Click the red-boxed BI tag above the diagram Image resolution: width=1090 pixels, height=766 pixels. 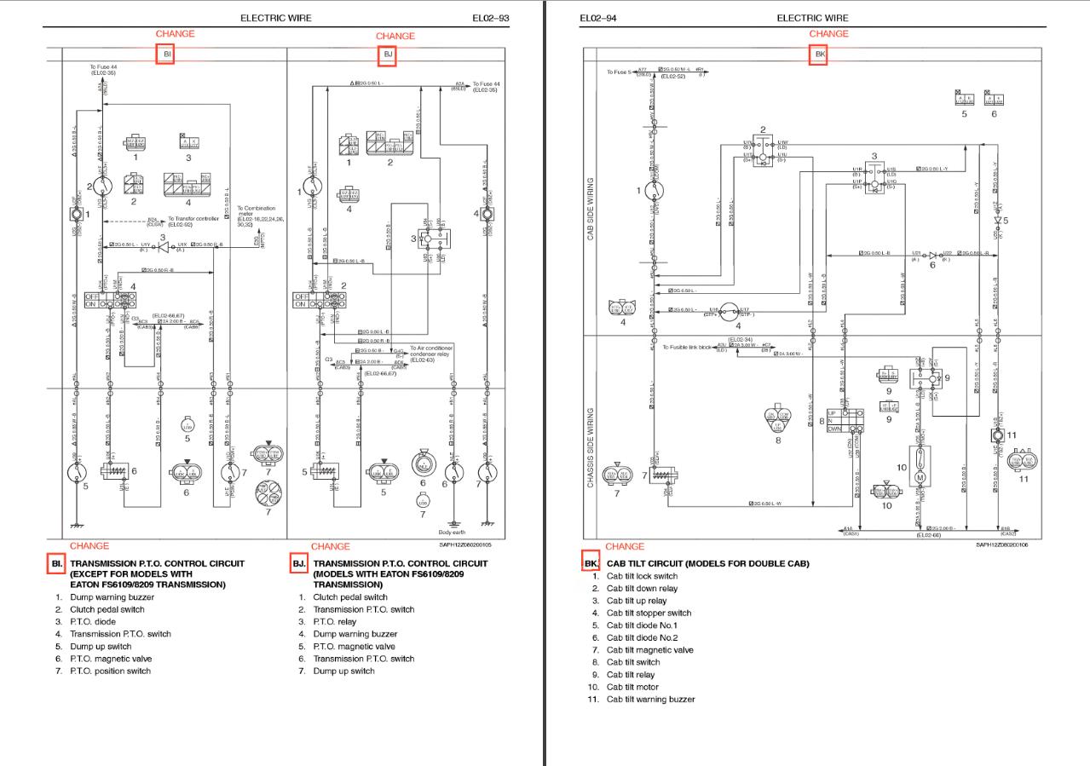(166, 55)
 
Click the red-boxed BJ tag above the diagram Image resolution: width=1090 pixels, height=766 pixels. (388, 55)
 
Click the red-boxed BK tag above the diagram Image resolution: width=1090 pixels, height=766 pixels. (819, 55)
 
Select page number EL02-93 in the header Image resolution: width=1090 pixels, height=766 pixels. (491, 18)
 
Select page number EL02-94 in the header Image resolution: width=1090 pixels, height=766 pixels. (598, 18)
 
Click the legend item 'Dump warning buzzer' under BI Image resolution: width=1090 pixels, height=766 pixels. (112, 597)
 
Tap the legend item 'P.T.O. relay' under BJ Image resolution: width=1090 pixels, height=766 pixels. (335, 622)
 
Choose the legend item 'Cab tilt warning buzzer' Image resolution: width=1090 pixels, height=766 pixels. (650, 700)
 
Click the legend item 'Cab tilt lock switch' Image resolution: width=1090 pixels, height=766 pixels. (642, 577)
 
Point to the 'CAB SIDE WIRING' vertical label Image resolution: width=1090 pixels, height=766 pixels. (591, 209)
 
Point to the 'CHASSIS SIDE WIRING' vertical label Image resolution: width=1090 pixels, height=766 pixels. (591, 447)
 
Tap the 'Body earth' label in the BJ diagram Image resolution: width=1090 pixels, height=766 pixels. (452, 532)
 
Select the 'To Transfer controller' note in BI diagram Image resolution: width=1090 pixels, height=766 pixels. (193, 221)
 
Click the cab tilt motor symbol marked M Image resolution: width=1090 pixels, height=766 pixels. (920, 476)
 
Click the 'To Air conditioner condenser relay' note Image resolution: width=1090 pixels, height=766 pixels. (431, 354)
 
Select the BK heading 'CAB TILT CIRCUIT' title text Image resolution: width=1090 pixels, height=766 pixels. (707, 564)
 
